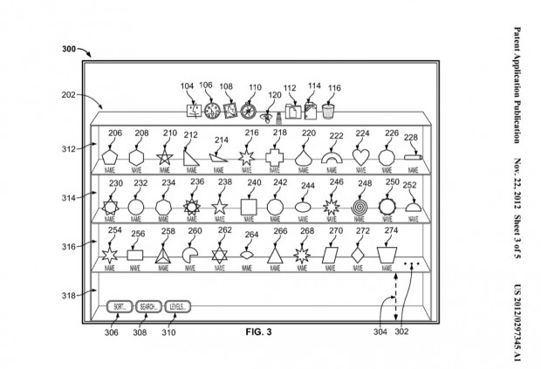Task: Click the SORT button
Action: (119, 307)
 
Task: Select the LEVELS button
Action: (176, 307)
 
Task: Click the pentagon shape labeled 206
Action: (108, 156)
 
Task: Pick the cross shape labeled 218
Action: (276, 156)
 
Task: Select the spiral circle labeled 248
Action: (360, 208)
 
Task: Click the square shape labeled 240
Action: (248, 208)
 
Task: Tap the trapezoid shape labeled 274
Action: (387, 256)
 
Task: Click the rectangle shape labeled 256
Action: (135, 256)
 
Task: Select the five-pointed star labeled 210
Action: (163, 157)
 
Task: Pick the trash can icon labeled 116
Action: (328, 111)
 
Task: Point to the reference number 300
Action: (74, 49)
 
